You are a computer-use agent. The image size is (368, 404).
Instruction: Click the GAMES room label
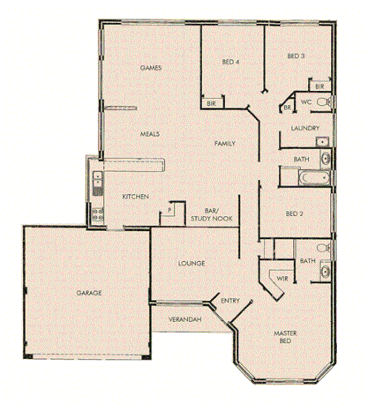tap(151, 68)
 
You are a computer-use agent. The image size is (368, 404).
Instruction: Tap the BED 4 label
tap(230, 61)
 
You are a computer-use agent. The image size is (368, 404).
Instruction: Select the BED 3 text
tap(296, 56)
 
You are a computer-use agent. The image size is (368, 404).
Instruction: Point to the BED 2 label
tap(295, 214)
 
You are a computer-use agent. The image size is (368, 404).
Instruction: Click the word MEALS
tap(150, 135)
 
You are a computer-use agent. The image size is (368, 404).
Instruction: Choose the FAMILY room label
tap(225, 143)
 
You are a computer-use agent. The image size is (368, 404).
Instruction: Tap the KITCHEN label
tap(136, 197)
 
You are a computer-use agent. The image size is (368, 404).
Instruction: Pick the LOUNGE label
tap(191, 264)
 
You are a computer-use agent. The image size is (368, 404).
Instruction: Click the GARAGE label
tap(89, 294)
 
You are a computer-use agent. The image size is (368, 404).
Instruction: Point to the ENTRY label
tap(230, 300)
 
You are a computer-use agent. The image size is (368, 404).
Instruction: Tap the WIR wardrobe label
tap(281, 278)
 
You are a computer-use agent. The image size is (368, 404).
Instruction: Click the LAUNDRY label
tap(304, 128)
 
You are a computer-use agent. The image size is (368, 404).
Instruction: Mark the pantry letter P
tap(170, 210)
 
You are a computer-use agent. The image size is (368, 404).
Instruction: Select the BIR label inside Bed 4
tap(211, 103)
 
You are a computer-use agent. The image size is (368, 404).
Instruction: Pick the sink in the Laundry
tap(323, 141)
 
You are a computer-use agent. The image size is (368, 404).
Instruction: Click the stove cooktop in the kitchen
tap(96, 215)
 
